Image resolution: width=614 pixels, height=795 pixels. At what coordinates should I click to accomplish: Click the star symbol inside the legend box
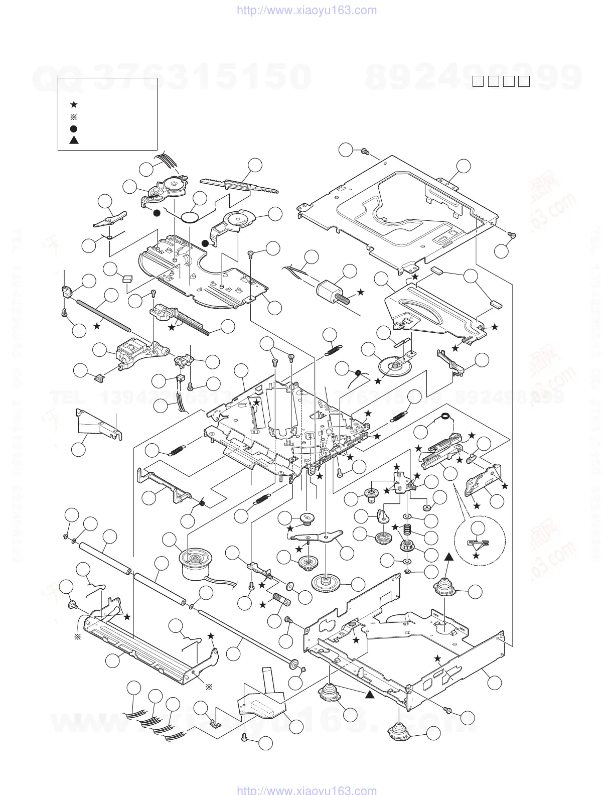coord(74,104)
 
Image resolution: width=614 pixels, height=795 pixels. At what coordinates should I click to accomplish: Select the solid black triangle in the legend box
coord(74,140)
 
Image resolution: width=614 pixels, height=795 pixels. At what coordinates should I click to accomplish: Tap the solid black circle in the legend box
coord(74,128)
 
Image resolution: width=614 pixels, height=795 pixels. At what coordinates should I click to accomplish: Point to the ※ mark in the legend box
coord(74,116)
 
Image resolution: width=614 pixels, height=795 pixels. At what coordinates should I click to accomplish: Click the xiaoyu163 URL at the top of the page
coord(306,10)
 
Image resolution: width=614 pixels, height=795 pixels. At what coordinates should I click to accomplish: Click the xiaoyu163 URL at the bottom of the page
coord(306,790)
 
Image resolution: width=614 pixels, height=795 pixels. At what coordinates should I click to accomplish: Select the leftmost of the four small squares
coord(478,81)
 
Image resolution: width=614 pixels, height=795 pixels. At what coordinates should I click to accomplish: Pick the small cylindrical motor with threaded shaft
coord(329,290)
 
